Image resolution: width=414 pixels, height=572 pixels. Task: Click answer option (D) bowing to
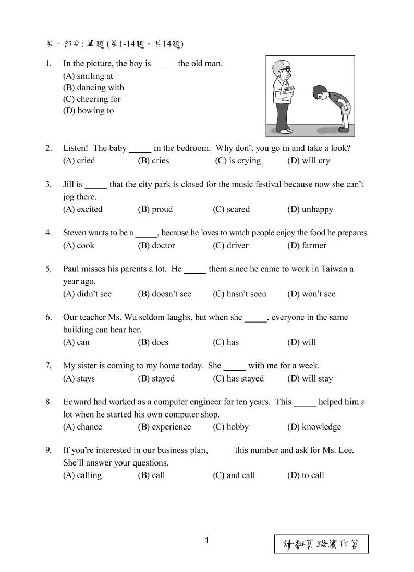88,111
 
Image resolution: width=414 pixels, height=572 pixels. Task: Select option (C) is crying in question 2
238,161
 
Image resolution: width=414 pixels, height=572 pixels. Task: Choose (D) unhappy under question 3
310,209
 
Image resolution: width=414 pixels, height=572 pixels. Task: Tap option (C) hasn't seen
239,294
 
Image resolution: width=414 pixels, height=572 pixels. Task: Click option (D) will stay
310,378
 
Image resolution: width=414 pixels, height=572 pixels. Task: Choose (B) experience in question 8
164,427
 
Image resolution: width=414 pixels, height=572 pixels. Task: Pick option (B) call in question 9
151,475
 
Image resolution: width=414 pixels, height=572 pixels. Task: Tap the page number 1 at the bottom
207,540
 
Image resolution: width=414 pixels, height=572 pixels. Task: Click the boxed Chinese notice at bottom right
321,544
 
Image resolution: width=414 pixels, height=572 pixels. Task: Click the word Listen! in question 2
76,148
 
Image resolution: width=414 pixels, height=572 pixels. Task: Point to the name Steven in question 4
76,233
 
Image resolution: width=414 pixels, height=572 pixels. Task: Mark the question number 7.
48,366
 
